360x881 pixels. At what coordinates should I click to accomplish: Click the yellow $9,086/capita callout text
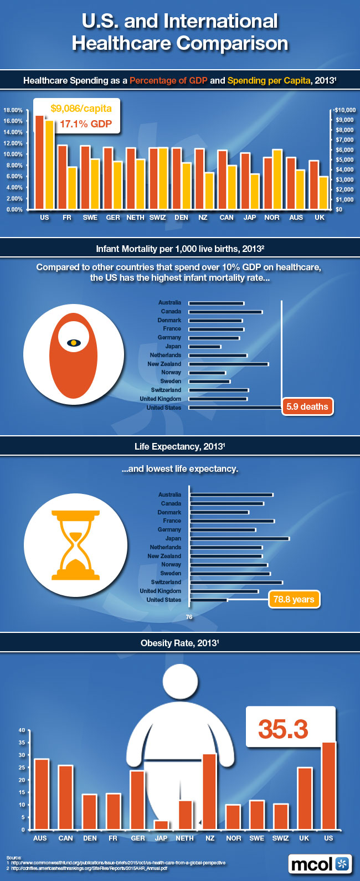81,109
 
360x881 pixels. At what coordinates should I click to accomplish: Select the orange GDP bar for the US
39,163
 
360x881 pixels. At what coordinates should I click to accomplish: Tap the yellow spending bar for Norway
277,179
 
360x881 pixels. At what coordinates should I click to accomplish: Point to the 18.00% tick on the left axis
13,110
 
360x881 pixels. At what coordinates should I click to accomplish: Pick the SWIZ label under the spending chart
158,218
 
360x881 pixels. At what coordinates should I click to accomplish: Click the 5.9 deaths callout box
307,407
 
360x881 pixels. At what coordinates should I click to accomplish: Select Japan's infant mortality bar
204,347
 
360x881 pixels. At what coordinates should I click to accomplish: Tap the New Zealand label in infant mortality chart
164,364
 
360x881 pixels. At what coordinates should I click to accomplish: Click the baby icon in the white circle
73,343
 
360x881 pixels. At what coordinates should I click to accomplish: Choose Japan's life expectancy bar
239,538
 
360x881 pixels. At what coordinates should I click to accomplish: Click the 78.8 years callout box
294,599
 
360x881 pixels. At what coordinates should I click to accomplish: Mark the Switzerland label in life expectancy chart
166,582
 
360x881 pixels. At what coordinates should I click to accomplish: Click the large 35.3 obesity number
283,729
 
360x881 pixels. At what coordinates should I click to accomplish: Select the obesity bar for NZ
209,791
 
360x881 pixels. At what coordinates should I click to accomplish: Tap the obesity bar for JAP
161,825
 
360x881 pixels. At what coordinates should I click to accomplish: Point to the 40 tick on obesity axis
22,730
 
